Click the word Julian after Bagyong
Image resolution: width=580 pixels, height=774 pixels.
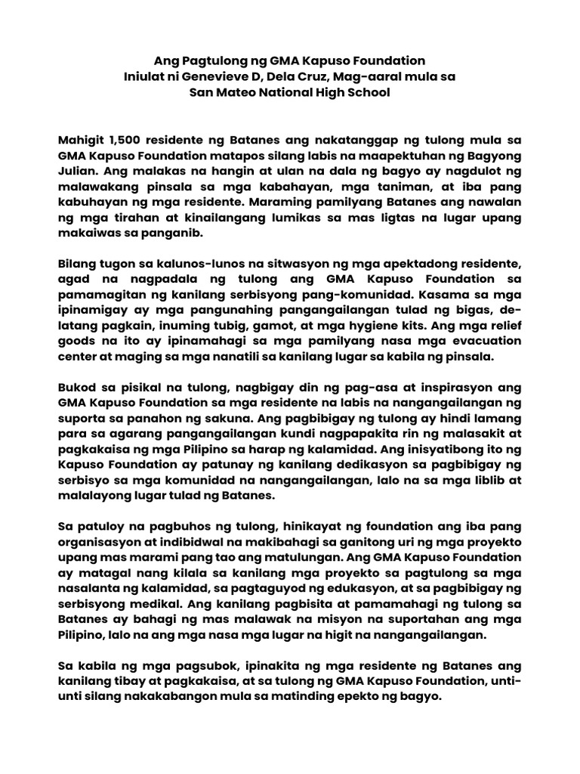click(x=77, y=173)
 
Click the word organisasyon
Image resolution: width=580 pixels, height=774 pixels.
click(x=98, y=542)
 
